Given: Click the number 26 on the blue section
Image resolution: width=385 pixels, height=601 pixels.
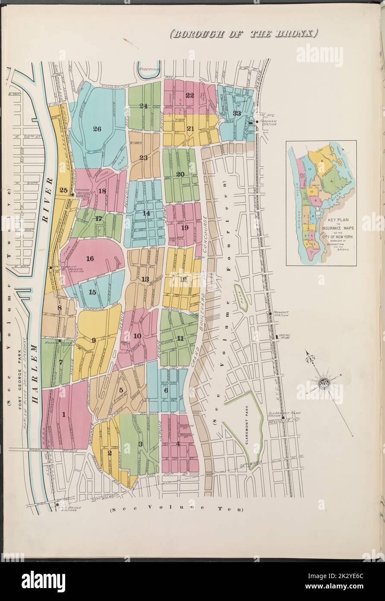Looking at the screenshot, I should click(x=97, y=128).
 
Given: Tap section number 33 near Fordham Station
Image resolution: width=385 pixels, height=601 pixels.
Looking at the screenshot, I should click(x=237, y=113).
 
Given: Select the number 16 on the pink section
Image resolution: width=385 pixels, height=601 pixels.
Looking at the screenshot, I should click(x=90, y=259).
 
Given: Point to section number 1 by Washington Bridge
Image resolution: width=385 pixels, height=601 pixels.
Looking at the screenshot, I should click(x=64, y=415).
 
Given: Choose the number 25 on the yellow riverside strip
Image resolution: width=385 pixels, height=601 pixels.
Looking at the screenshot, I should click(x=63, y=190).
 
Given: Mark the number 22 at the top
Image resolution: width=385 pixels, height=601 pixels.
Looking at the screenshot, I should click(x=189, y=96).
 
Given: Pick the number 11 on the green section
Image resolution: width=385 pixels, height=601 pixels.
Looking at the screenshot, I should click(x=180, y=339).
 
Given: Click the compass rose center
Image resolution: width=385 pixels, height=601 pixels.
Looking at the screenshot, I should click(x=323, y=382).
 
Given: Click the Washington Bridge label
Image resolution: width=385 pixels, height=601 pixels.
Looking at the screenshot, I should click(x=47, y=450).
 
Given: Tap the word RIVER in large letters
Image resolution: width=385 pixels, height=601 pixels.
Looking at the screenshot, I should click(x=47, y=199).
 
